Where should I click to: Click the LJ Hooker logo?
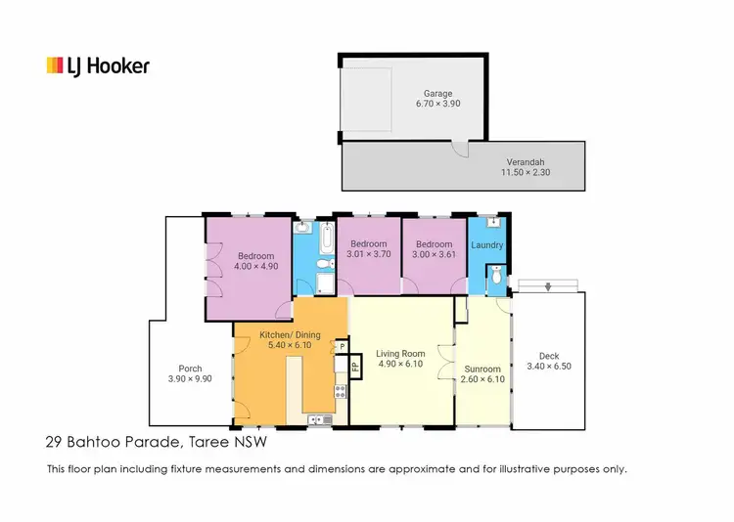[98, 66]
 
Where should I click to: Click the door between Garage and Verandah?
[459, 148]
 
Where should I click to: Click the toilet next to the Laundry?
[496, 280]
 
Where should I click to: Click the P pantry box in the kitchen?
[342, 345]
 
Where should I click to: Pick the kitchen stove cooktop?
[340, 394]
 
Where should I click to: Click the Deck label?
[549, 357]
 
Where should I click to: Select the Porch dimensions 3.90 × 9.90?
[190, 379]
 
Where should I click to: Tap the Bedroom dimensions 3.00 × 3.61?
[434, 255]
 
